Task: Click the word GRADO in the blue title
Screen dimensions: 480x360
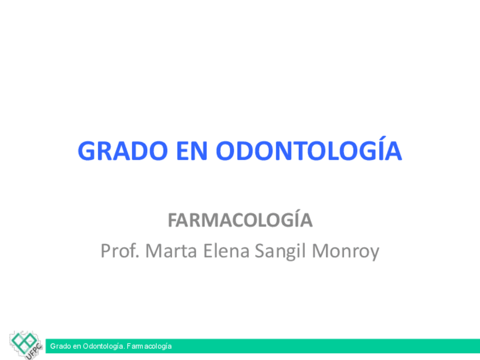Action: point(123,151)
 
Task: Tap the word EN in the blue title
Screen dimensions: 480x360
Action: point(192,151)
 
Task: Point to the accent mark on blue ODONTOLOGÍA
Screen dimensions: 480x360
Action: point(383,138)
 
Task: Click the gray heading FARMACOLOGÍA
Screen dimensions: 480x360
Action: point(241,219)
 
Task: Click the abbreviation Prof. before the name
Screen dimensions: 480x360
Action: point(120,251)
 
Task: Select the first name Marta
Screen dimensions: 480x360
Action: point(171,251)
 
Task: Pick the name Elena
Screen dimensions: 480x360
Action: point(226,251)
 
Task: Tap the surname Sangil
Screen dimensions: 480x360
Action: point(280,252)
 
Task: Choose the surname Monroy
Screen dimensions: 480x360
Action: point(346,252)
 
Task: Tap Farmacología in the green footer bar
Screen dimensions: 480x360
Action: point(149,346)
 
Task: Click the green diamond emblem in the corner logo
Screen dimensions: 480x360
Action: point(24,342)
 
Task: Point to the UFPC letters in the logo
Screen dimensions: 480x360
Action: point(34,352)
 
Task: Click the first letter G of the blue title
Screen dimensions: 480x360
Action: point(87,151)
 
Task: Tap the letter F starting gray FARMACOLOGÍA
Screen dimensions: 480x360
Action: point(173,220)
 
